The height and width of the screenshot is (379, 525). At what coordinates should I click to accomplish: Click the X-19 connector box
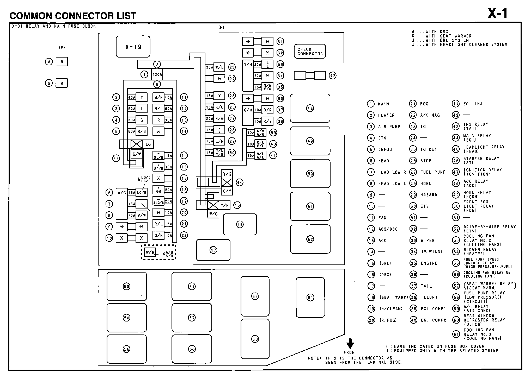133,47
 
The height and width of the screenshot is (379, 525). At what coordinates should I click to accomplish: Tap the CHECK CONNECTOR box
310,52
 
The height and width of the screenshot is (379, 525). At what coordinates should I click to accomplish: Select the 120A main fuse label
157,74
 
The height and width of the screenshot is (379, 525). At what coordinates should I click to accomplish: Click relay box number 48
310,108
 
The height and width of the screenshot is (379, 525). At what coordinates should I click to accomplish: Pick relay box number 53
127,287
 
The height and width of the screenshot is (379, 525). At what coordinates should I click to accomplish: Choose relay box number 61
310,298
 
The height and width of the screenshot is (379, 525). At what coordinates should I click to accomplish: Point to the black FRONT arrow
350,343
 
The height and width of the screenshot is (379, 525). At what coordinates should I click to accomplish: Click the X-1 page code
497,14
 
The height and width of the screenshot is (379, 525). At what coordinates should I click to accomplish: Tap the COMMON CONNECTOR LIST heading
73,16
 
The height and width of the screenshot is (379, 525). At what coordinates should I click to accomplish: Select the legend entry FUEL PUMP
433,172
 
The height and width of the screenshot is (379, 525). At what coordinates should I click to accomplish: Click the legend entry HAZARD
429,195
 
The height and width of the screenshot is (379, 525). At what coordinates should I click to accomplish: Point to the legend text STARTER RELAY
481,159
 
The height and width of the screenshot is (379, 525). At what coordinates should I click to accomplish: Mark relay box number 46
240,224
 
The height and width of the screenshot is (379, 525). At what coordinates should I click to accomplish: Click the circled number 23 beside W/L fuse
232,67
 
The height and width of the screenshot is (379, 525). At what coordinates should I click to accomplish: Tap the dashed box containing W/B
158,252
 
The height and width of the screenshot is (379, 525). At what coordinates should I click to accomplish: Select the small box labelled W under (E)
62,83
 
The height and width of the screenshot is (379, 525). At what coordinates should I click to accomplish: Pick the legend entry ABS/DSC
388,229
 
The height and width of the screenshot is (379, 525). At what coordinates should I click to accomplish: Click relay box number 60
255,339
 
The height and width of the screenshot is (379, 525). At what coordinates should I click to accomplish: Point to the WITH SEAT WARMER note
448,36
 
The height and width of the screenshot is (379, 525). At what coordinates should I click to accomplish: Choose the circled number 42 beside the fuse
333,75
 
